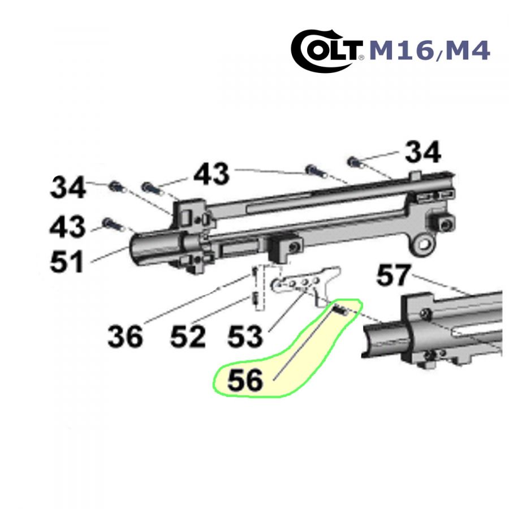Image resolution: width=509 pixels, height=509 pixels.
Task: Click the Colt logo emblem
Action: [x=326, y=51]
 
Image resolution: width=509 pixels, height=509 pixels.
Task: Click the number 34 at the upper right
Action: [x=423, y=152]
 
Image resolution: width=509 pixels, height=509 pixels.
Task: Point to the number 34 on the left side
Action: [x=68, y=187]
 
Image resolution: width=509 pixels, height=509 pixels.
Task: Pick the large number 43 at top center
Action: [x=212, y=174]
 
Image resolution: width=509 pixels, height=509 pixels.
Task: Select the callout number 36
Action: [x=126, y=336]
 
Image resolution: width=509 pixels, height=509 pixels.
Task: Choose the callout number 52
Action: [x=188, y=336]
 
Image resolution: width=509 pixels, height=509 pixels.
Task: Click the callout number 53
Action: [x=245, y=336]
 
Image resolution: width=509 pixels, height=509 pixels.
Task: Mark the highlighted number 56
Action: [x=245, y=380]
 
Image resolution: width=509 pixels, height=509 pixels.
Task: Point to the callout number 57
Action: [x=394, y=275]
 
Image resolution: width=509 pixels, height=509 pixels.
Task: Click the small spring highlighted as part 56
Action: [x=341, y=310]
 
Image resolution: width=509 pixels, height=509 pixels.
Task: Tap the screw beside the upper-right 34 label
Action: [x=355, y=162]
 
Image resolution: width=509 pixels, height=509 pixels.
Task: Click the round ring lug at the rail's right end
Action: [x=423, y=243]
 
